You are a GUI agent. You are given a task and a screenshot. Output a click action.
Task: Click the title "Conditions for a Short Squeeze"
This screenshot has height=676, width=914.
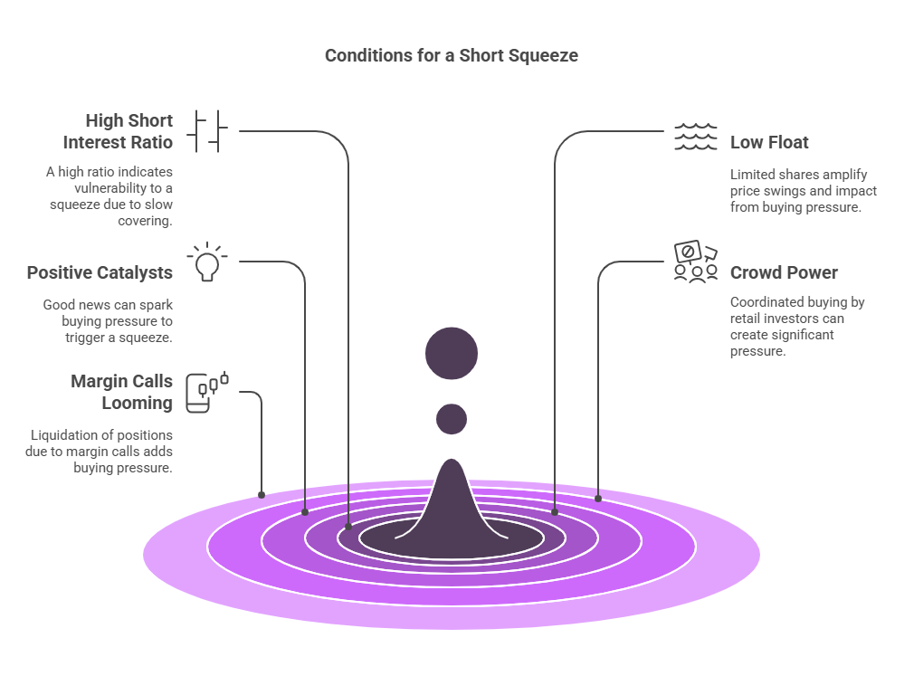[x=451, y=55]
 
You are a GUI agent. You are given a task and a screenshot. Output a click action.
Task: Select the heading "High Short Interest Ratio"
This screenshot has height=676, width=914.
[x=118, y=131]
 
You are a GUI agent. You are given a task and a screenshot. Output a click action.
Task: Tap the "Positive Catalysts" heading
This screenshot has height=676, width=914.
[x=100, y=272]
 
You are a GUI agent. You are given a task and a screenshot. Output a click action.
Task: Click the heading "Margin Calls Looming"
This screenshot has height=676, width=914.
[x=121, y=392]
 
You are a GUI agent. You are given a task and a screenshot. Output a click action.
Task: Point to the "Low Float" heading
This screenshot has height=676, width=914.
[x=769, y=142]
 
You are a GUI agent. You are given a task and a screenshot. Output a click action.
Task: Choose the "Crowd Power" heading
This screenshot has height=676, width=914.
[x=784, y=272]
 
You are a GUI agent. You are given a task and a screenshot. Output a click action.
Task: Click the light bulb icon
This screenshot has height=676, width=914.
[x=207, y=262]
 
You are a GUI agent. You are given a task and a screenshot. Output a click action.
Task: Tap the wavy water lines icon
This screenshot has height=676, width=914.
[x=695, y=137]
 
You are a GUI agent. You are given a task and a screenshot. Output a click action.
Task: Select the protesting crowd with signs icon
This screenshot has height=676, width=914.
[x=695, y=262]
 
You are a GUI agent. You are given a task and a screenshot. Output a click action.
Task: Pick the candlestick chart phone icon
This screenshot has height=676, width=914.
[x=207, y=392]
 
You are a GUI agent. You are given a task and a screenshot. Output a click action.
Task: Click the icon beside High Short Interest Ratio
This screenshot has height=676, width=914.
[x=207, y=131]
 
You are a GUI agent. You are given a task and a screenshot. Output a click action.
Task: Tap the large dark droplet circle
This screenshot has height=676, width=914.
[x=452, y=353]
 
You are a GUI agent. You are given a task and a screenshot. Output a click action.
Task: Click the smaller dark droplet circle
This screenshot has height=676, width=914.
[x=452, y=419]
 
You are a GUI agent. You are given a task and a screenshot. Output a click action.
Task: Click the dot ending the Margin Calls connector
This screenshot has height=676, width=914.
[x=262, y=494]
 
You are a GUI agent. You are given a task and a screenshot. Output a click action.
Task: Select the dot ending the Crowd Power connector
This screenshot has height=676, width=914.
[x=598, y=498]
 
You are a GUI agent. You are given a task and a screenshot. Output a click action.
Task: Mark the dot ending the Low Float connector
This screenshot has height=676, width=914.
[x=555, y=512]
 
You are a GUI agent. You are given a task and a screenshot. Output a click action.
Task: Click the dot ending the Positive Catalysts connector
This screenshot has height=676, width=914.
[x=305, y=512]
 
